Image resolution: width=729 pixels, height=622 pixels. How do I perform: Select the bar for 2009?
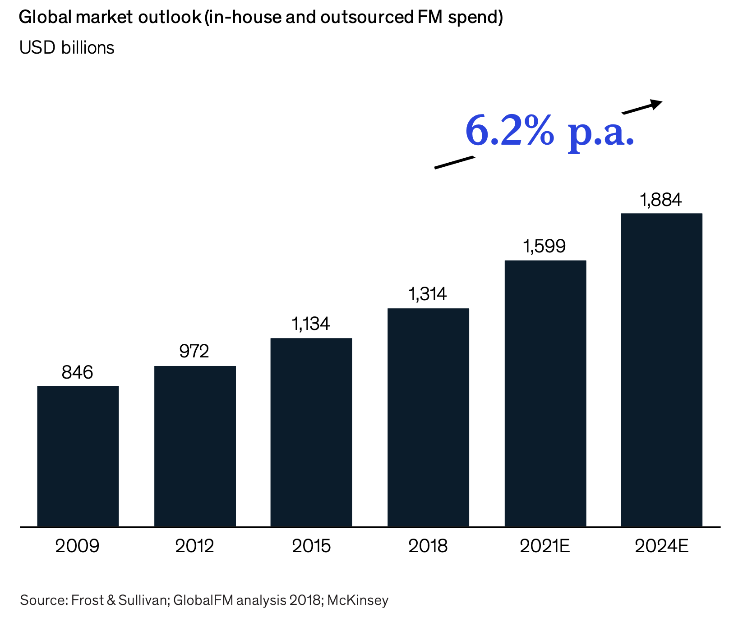(78, 456)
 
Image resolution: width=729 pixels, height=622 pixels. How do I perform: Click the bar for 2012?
(195, 446)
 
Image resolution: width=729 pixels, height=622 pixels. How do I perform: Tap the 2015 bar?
(311, 432)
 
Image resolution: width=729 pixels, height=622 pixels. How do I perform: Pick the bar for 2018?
(428, 417)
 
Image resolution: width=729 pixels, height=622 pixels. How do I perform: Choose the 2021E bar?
(545, 393)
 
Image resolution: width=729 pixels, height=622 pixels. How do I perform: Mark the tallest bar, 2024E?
(661, 370)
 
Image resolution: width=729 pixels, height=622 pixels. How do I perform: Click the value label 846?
(77, 373)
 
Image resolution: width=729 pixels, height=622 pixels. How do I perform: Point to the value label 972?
(194, 351)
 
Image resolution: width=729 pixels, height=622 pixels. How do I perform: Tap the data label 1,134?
(311, 324)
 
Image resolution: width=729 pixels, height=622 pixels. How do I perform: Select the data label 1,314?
(427, 294)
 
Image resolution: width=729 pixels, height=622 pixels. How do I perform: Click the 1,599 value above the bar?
(544, 246)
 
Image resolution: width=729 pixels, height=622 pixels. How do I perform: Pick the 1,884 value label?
(661, 200)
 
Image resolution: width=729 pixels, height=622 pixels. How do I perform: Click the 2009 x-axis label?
(77, 546)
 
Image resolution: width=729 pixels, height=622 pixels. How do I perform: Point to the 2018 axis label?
(428, 546)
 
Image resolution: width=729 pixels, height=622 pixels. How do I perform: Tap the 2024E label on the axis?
(661, 546)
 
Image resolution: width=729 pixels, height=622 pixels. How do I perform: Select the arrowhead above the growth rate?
(656, 104)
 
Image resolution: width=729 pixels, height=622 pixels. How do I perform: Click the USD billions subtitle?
(67, 48)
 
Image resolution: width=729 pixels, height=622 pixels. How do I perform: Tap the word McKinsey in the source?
(358, 600)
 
